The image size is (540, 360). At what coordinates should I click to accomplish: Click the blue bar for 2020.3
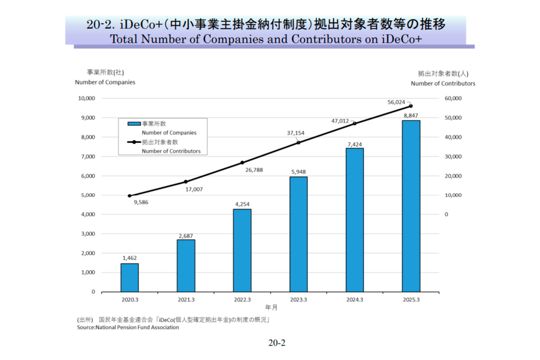[130, 277]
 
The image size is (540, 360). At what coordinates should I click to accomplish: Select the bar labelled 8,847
[411, 206]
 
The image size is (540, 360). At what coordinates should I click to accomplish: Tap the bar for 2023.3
[298, 234]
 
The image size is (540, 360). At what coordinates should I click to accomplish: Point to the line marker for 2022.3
[242, 162]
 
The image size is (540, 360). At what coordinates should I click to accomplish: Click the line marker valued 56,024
[411, 106]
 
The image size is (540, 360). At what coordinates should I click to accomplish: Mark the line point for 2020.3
[130, 196]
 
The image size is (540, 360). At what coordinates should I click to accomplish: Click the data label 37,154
[296, 133]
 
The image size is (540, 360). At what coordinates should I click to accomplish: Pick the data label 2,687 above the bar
[186, 235]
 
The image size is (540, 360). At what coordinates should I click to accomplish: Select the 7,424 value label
[355, 144]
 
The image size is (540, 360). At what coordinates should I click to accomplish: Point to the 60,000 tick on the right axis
[454, 98]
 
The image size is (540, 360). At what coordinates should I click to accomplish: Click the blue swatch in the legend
[134, 123]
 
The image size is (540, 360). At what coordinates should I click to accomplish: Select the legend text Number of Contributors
[171, 151]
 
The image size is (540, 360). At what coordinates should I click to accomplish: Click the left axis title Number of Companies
[105, 82]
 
